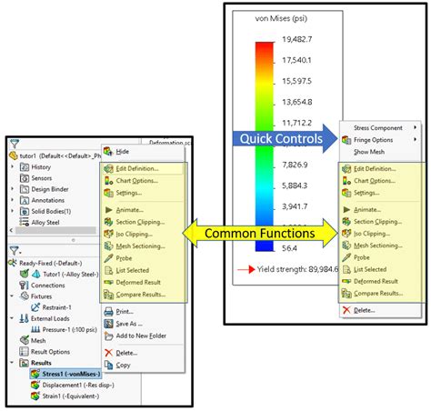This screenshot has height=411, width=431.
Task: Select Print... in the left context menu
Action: click(124, 311)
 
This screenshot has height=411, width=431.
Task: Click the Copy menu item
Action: click(124, 366)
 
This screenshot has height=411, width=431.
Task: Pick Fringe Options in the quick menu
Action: click(374, 140)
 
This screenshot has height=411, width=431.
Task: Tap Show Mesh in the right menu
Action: click(370, 152)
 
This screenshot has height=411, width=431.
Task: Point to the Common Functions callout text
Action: click(259, 234)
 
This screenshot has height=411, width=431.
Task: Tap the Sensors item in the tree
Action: click(42, 178)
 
